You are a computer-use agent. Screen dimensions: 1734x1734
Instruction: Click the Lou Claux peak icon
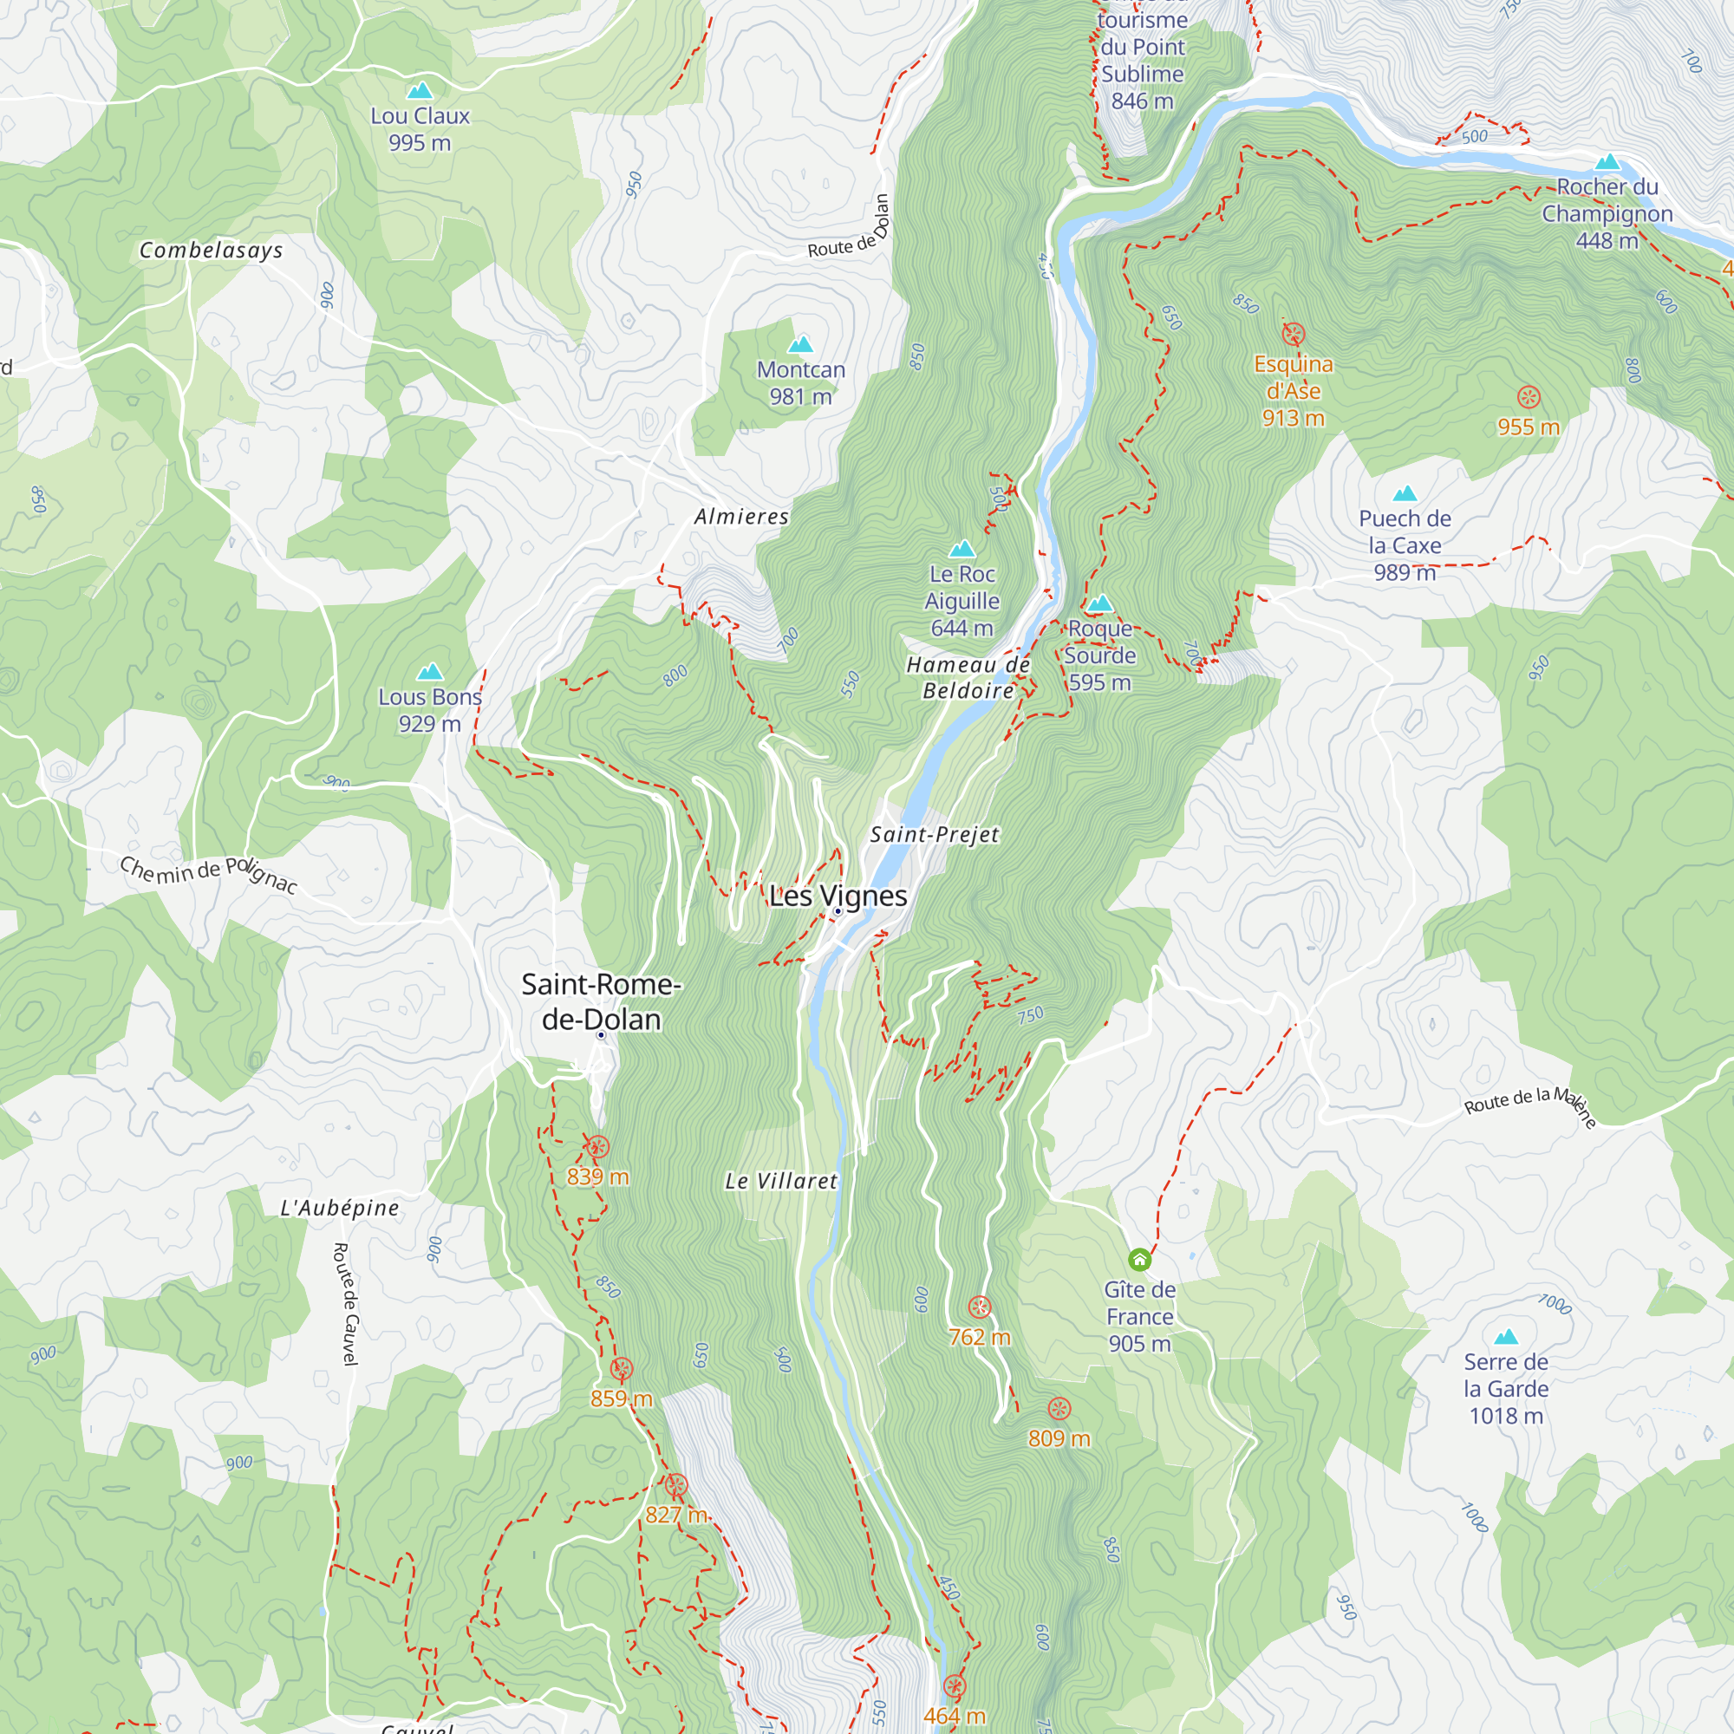coord(419,91)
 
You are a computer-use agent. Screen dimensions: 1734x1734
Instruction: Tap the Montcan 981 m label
coord(800,382)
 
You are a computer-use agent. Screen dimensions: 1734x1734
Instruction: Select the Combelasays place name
coord(211,251)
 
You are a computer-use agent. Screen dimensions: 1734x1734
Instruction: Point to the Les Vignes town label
coord(838,896)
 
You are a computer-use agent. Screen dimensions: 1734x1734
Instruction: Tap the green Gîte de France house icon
coord(1139,1260)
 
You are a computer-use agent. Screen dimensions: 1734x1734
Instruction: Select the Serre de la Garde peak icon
coord(1506,1336)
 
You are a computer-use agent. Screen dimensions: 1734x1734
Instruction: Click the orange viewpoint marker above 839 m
coord(597,1146)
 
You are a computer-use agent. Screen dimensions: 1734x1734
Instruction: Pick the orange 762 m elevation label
coord(979,1337)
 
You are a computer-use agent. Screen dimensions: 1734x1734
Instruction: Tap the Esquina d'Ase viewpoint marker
coord(1294,335)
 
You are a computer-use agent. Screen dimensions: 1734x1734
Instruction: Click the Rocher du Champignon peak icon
coord(1607,162)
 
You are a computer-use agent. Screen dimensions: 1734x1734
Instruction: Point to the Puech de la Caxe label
coord(1405,544)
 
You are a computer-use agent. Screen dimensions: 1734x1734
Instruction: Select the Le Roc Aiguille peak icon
coord(962,549)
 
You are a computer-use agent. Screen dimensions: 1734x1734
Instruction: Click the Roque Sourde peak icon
coord(1100,603)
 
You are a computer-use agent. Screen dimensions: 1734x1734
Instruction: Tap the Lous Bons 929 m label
coord(430,710)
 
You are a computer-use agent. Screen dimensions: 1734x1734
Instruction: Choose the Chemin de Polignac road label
coord(208,873)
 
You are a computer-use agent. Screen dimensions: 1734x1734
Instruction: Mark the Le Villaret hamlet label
coord(781,1181)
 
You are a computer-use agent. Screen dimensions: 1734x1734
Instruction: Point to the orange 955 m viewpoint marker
coord(1529,398)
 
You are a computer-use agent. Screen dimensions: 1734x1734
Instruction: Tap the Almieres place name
coord(741,517)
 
